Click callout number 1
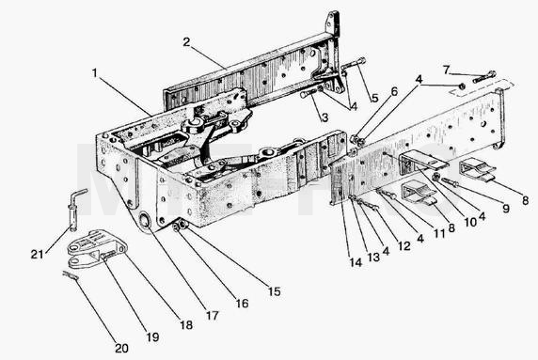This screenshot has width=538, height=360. coord(95,73)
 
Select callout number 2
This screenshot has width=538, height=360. coord(186,42)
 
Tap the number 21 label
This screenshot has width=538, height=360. coord(38,254)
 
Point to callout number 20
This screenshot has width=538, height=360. coord(121,349)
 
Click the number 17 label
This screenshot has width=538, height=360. coord(212,316)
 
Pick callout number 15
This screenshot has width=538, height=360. coord(274,291)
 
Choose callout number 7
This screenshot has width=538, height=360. coord(446,70)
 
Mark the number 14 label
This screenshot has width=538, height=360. coord(356,262)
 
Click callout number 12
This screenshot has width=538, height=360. coord(403,246)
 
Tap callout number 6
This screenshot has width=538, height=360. coord(394,91)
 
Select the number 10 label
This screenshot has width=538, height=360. coord(470,223)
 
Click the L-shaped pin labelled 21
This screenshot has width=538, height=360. coord(76,209)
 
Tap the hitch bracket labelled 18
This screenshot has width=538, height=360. coord(97,248)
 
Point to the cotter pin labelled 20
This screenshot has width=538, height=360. coord(71,275)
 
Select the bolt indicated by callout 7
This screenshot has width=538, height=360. coord(484,77)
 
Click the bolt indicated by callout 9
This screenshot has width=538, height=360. coord(451,182)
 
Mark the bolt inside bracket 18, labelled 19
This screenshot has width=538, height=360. coord(107,255)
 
